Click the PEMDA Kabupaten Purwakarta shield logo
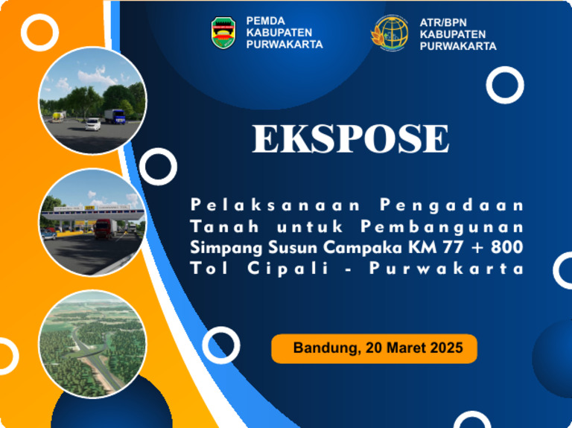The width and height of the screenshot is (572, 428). click(224, 33)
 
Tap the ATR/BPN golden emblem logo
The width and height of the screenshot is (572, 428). click(390, 33)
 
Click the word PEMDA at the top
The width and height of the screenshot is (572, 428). click(265, 22)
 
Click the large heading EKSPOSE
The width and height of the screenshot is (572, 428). click(350, 139)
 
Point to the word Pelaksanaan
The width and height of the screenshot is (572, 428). click(276, 204)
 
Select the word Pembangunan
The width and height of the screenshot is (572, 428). click(442, 226)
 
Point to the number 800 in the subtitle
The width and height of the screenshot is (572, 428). click(508, 247)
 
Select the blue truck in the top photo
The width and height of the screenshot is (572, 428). click(114, 116)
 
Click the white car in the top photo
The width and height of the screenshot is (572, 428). click(92, 124)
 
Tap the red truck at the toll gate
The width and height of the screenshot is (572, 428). click(104, 228)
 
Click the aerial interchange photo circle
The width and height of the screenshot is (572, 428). click(92, 342)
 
